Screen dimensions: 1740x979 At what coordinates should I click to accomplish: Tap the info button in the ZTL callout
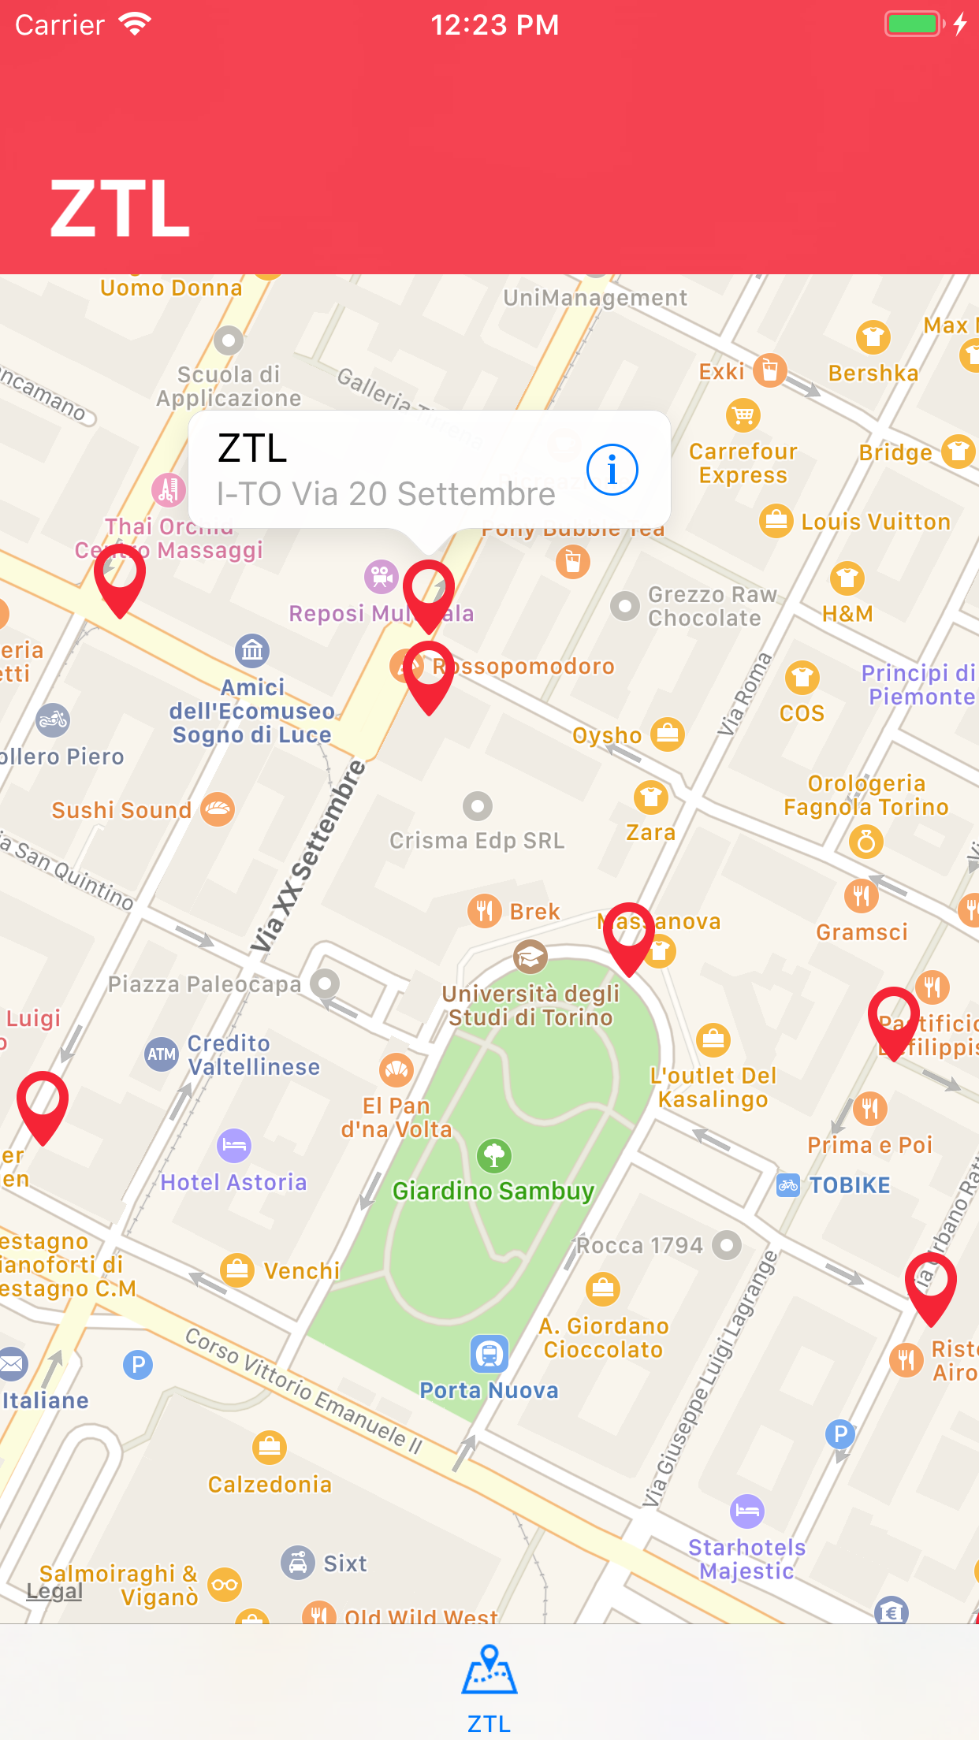(612, 470)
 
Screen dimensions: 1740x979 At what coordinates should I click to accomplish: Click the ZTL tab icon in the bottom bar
(489, 1669)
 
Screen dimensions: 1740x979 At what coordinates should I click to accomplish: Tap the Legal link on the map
(54, 1590)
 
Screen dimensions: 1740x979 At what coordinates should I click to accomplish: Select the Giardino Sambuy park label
(493, 1191)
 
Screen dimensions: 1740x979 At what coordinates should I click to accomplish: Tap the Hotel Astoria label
(233, 1182)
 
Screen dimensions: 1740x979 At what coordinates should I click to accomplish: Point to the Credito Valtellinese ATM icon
(162, 1054)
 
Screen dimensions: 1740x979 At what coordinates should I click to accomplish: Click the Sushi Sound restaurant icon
(218, 809)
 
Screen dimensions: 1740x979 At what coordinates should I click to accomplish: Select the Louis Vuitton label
(876, 522)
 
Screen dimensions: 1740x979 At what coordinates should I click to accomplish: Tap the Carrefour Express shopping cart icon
(743, 415)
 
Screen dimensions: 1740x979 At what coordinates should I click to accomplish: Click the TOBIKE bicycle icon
(788, 1185)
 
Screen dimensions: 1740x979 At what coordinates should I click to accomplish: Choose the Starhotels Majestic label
(747, 1559)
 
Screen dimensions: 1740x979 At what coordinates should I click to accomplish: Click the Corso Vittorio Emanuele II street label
(304, 1390)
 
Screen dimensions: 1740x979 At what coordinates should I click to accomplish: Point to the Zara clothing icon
(651, 797)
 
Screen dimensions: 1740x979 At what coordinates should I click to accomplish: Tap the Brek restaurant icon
(485, 911)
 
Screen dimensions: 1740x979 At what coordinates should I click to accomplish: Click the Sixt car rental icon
(298, 1562)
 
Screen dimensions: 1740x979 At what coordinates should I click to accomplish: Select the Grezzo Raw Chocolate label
(713, 606)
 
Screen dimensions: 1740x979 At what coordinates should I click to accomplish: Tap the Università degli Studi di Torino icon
(530, 957)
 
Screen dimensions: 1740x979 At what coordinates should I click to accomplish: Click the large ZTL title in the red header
(120, 209)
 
